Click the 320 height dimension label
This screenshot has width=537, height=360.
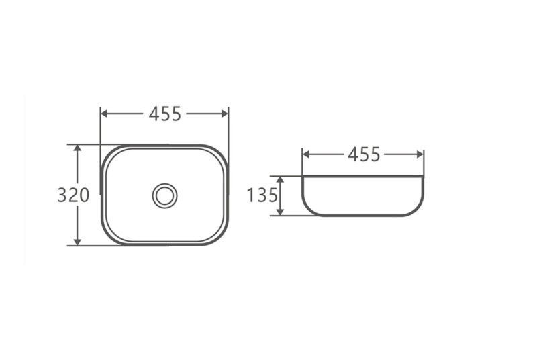click(73, 195)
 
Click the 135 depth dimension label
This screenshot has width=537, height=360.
click(262, 195)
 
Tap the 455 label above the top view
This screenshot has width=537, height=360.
click(164, 114)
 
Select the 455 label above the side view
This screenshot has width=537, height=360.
click(364, 154)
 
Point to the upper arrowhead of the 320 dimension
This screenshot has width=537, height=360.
click(77, 148)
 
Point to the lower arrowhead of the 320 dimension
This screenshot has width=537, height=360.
click(77, 242)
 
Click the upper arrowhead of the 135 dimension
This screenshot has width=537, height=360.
click(280, 180)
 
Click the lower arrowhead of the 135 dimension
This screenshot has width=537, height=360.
click(280, 212)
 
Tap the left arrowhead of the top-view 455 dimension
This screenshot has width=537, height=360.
click(105, 114)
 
